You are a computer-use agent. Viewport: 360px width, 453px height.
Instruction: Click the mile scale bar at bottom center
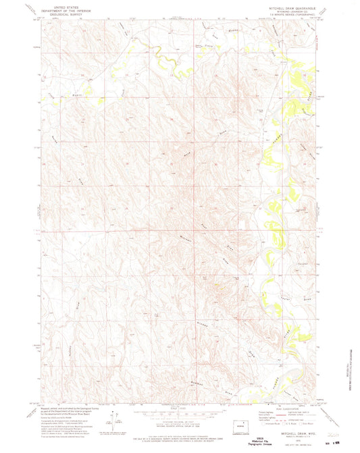[x=179, y=408]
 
